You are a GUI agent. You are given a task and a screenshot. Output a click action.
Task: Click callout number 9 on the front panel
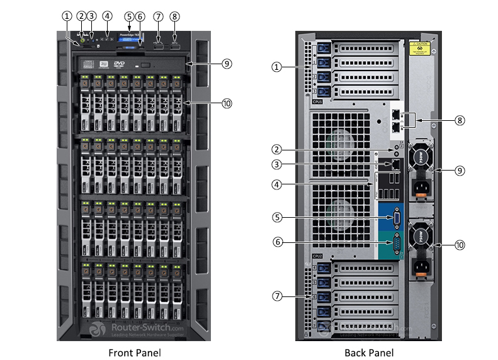coord(227,64)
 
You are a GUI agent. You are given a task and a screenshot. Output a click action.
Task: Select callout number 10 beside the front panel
coord(227,103)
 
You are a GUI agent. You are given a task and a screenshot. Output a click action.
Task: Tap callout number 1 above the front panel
coord(67,16)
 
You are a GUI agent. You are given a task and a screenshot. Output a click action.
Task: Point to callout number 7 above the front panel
coord(158,16)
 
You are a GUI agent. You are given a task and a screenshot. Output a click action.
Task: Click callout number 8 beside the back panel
coord(460,119)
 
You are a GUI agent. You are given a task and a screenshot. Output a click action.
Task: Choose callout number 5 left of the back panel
coord(276,218)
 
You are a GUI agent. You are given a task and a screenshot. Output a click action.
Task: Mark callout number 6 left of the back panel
coord(276,242)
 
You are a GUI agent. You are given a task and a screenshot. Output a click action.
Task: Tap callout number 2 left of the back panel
coord(276,150)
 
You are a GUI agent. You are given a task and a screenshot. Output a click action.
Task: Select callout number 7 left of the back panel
coord(276,295)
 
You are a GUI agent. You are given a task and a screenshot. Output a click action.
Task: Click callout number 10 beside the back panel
coord(460,245)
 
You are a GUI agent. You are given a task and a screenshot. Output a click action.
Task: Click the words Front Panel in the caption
coord(134,352)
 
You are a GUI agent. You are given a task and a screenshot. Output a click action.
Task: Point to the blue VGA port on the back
coord(394,218)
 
